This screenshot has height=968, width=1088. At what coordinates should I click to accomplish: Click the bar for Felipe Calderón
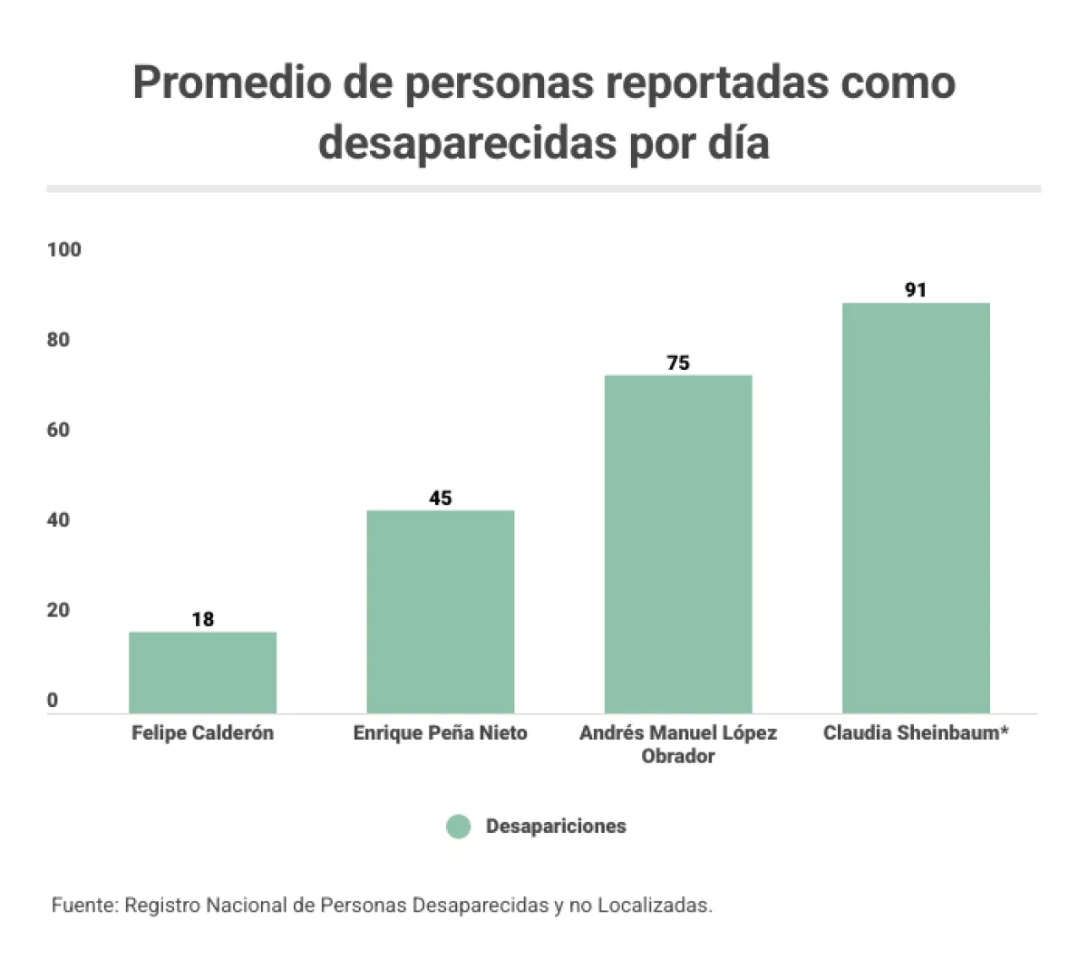tap(202, 673)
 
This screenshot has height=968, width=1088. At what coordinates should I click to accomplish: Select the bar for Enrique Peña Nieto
tap(440, 612)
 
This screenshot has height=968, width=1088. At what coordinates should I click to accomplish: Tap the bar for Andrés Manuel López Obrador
tap(678, 544)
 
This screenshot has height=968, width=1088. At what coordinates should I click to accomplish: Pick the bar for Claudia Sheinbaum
tap(916, 508)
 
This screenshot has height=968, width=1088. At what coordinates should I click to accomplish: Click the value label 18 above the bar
tap(202, 619)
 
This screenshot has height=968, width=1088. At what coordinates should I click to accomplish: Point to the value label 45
tap(440, 498)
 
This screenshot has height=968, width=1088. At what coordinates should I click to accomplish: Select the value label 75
tap(678, 363)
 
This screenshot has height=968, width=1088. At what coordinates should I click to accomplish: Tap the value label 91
tap(916, 290)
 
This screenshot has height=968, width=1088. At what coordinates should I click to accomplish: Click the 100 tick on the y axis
tap(64, 249)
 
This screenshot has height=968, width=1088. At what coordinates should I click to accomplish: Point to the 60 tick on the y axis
tap(59, 430)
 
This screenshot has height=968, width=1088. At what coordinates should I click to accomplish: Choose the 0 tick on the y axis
tap(53, 700)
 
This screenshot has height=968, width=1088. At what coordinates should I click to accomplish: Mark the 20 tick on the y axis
tap(59, 610)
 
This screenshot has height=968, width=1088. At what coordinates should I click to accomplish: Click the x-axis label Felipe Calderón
tap(202, 732)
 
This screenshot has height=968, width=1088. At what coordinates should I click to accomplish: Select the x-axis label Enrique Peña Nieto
tap(440, 732)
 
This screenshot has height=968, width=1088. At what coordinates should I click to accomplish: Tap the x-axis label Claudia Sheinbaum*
tap(916, 732)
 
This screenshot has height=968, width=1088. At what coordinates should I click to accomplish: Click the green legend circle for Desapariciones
tap(459, 827)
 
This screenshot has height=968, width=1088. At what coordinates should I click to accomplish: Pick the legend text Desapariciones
tap(556, 827)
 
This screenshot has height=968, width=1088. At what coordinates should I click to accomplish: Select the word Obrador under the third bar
tap(678, 756)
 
